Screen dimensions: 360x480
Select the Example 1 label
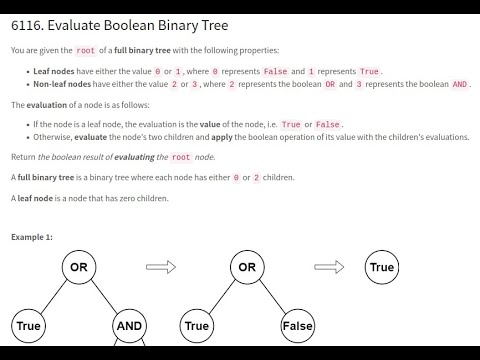coord(32,237)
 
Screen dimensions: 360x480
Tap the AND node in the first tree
coord(128,325)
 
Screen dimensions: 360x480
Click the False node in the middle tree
coord(296,325)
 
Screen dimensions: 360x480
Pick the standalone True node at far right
coord(382,267)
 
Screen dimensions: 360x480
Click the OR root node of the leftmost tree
coord(78,267)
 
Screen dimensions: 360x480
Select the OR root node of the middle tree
coord(246,267)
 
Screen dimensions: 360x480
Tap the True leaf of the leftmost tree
coord(28,325)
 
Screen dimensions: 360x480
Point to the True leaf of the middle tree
coord(197,325)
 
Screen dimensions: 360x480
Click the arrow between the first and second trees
coord(161,267)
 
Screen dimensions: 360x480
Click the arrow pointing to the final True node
coord(329,267)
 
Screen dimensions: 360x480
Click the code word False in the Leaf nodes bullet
coord(275,71)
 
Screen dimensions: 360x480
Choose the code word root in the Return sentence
coord(181,156)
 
